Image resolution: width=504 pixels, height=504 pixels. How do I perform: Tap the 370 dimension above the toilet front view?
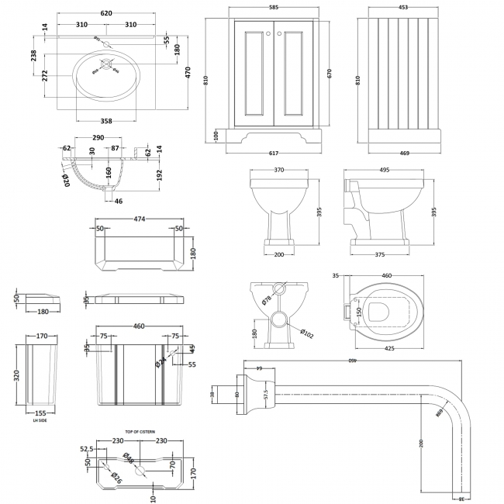[x=280, y=171]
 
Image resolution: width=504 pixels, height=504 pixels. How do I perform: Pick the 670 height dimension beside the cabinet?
[x=330, y=74]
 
